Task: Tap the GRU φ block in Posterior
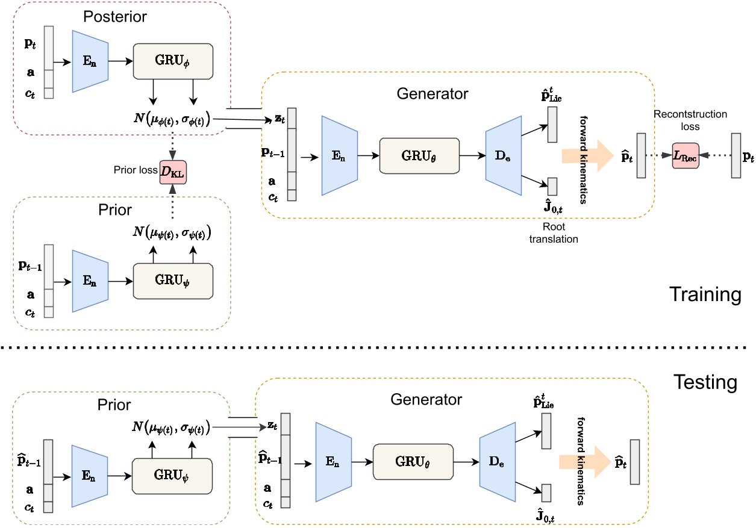click(x=173, y=60)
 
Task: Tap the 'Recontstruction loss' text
click(x=684, y=120)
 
